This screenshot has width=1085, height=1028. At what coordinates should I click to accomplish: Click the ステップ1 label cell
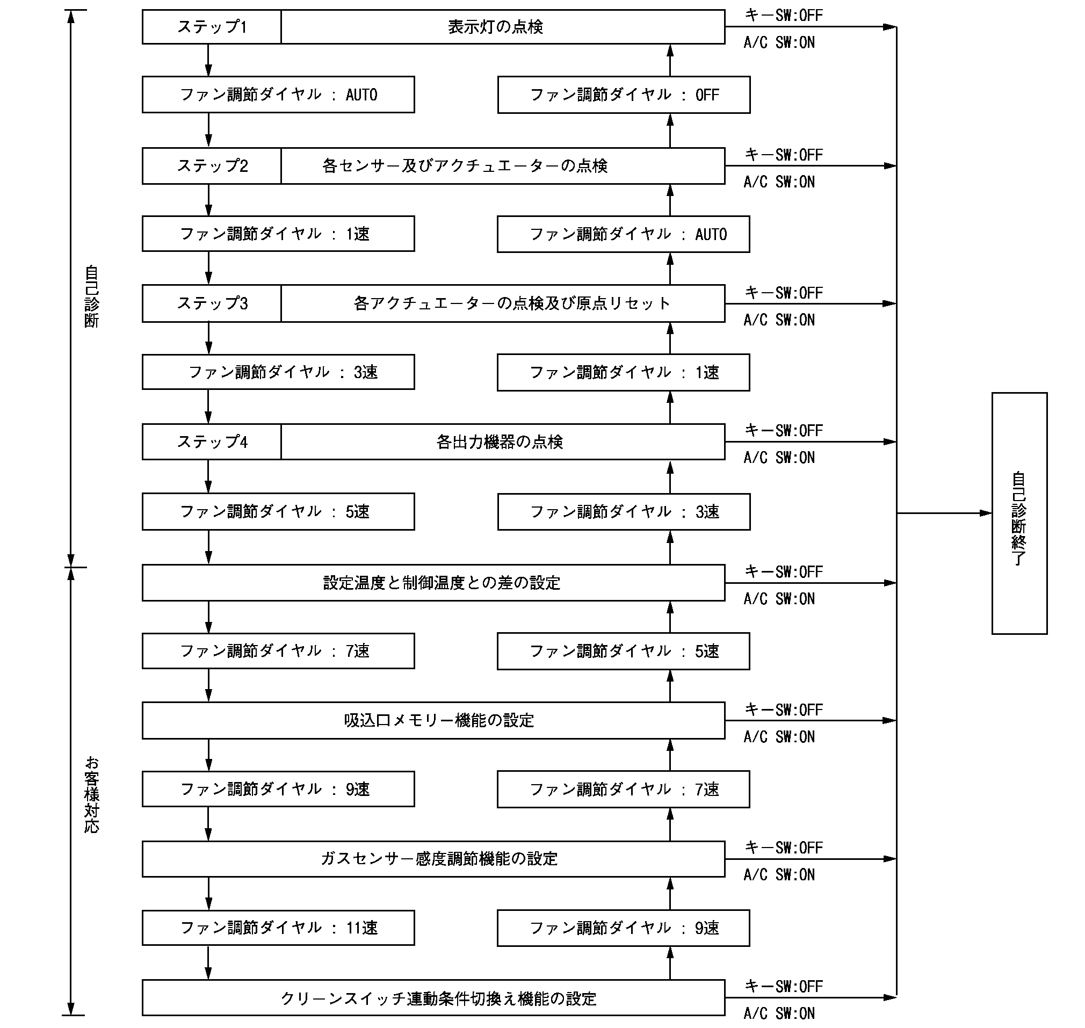coord(212,27)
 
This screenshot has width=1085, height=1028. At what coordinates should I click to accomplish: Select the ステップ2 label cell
coord(212,165)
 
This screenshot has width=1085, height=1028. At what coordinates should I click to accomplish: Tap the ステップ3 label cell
coord(212,303)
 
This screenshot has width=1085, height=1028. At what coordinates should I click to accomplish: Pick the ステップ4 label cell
coord(212,441)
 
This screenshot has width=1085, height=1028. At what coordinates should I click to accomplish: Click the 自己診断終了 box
coord(1019,513)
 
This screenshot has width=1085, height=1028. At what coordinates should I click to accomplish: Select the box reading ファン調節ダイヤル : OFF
coord(624,95)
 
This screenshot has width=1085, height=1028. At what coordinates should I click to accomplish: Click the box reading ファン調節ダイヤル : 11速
coord(278,928)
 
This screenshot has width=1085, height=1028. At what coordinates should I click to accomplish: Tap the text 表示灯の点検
coord(495,27)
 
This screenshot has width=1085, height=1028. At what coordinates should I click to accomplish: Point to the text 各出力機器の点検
coord(499,441)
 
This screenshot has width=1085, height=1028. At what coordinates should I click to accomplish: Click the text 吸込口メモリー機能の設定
coord(439,721)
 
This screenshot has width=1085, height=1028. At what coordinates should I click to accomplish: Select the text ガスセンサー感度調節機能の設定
coord(439,859)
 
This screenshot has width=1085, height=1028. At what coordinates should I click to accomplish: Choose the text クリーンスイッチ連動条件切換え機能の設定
coord(438,998)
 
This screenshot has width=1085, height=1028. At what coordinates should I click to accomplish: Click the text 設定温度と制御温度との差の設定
coord(442,583)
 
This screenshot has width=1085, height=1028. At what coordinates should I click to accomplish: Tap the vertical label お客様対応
coord(91,794)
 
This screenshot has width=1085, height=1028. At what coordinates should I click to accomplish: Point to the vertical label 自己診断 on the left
coord(91,296)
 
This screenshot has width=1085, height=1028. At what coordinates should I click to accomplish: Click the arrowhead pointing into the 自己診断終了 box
coord(985,513)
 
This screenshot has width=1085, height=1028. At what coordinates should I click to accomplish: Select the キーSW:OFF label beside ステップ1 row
coord(784,15)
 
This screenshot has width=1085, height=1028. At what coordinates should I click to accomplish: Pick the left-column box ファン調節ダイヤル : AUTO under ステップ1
coord(278,95)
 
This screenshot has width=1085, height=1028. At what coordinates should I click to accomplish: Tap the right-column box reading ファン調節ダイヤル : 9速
coord(624,928)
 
